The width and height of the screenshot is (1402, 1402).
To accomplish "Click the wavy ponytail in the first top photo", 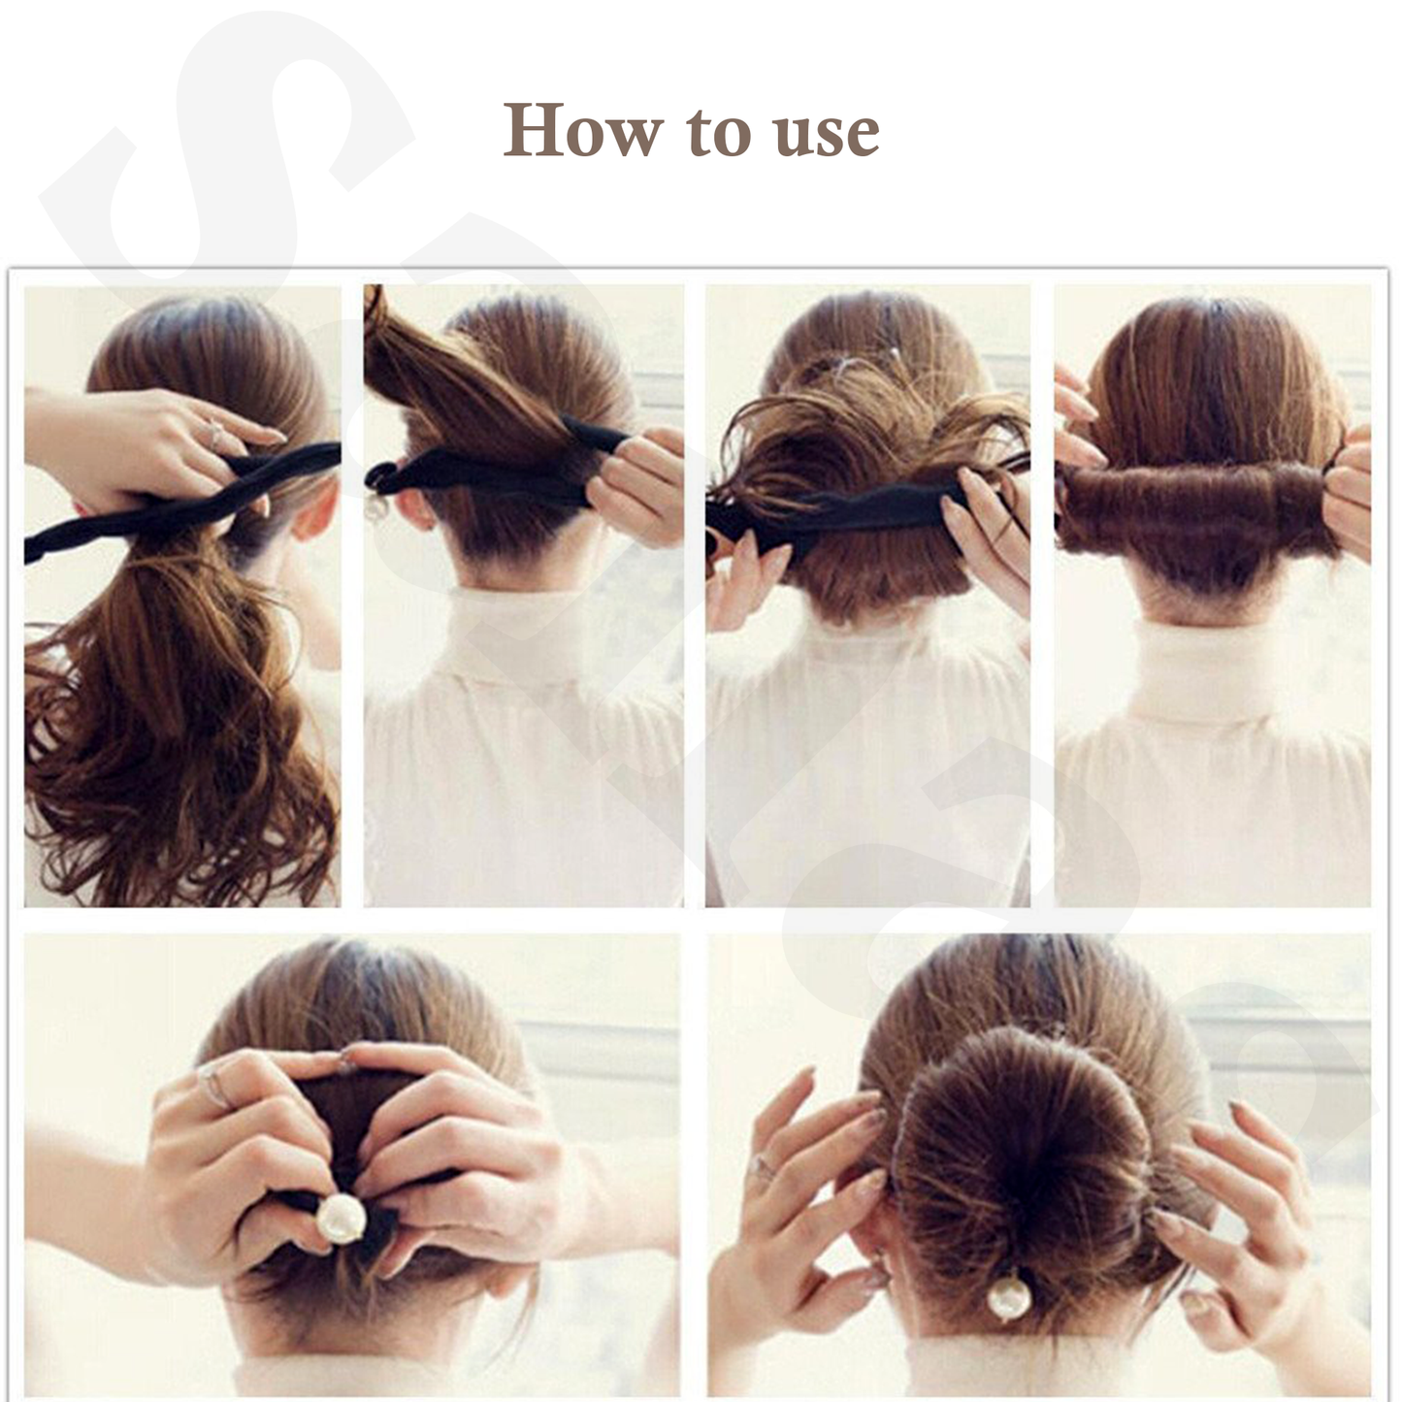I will tap(165, 699).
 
